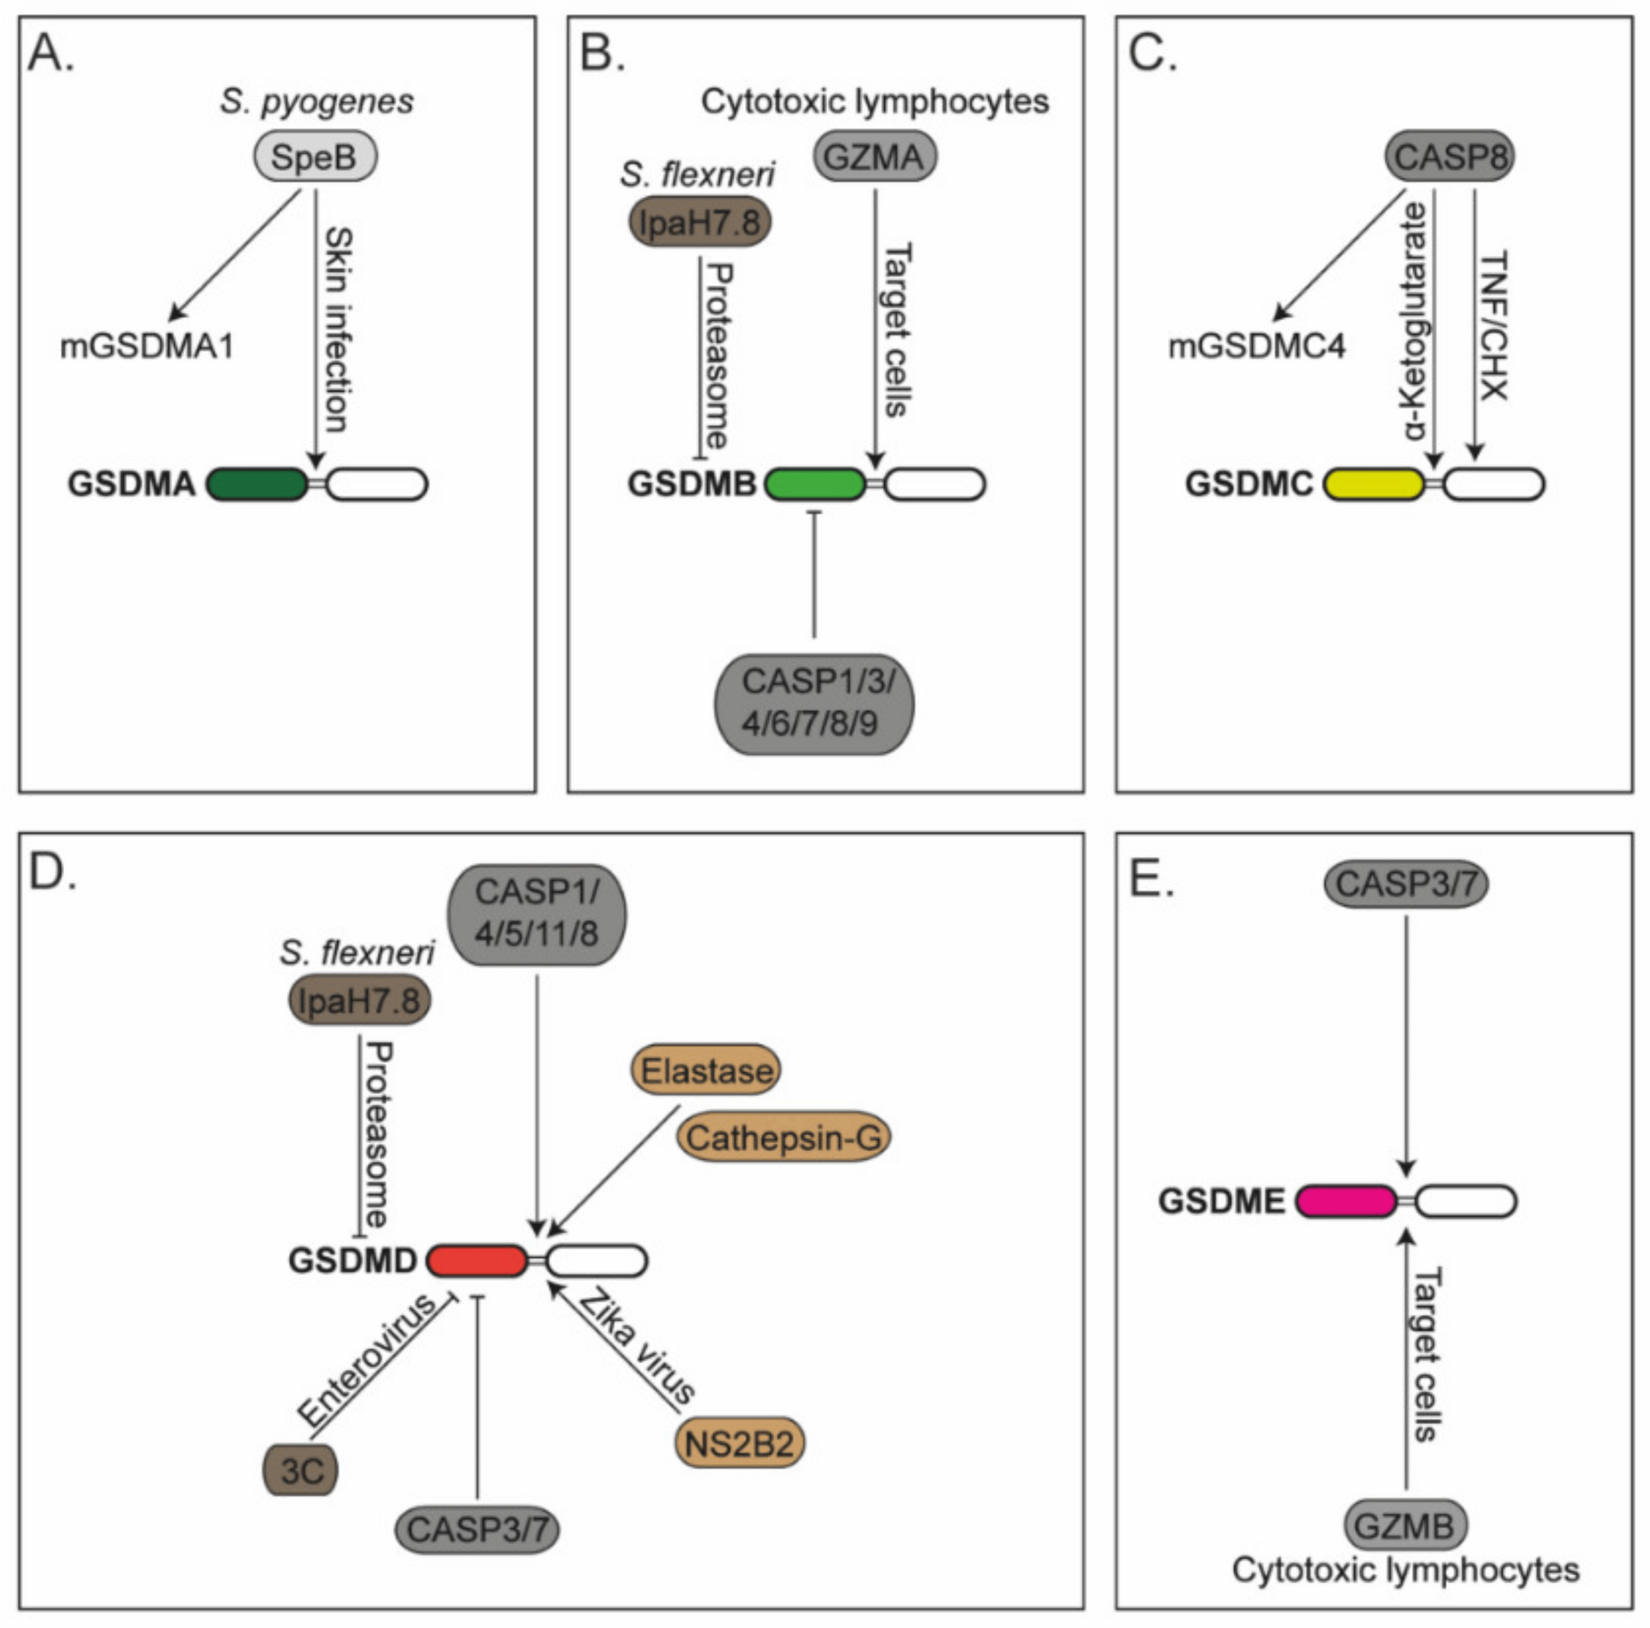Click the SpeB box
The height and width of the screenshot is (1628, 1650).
pyautogui.click(x=315, y=156)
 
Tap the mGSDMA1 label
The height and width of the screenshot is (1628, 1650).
pyautogui.click(x=147, y=347)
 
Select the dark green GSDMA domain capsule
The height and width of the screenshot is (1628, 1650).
pyautogui.click(x=257, y=484)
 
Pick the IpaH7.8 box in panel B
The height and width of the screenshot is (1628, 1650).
pyautogui.click(x=700, y=222)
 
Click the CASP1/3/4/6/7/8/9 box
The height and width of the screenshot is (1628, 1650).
pyautogui.click(x=814, y=703)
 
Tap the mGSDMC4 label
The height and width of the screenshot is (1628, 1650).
pyautogui.click(x=1256, y=347)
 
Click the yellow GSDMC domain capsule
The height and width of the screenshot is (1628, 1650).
pyautogui.click(x=1374, y=484)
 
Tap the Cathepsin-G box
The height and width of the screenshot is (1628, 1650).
pyautogui.click(x=784, y=1137)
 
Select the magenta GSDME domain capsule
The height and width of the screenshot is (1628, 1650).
pyautogui.click(x=1346, y=1201)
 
